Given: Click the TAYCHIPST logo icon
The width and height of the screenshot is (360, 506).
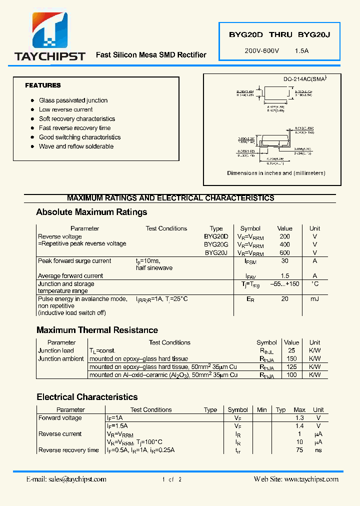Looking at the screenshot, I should point(50,30).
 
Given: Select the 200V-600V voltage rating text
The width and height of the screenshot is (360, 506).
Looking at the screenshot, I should point(262,51).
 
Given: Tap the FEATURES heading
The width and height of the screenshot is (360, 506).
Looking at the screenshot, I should point(43,85).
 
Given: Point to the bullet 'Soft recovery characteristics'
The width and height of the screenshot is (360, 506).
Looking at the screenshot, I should point(77,119).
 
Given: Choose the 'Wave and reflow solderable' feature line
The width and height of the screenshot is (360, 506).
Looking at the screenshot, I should point(76,146).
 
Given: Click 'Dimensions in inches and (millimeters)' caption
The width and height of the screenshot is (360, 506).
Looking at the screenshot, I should point(276,173).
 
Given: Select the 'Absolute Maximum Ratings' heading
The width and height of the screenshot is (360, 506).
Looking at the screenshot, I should point(91,212).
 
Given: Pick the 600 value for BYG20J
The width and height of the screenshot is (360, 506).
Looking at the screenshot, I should point(284,253).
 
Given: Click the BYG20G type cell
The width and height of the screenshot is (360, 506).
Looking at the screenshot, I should point(216,244).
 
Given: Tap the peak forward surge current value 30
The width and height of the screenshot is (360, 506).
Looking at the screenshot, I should point(284,261).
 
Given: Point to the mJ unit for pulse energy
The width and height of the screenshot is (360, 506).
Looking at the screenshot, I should point(314,299).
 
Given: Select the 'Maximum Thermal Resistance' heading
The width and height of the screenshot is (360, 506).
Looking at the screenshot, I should point(97,330).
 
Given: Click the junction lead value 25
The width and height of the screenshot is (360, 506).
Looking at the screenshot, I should point(291,350).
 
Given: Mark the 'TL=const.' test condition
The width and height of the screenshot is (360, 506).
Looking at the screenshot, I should point(102,351).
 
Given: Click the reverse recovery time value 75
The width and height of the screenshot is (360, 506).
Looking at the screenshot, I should point(299,450).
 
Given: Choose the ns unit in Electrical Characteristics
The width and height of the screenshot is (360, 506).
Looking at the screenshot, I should point(318,450).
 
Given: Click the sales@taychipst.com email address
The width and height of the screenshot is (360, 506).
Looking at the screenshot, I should point(77,479).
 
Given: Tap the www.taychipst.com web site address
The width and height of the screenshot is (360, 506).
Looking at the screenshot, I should point(310,479).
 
